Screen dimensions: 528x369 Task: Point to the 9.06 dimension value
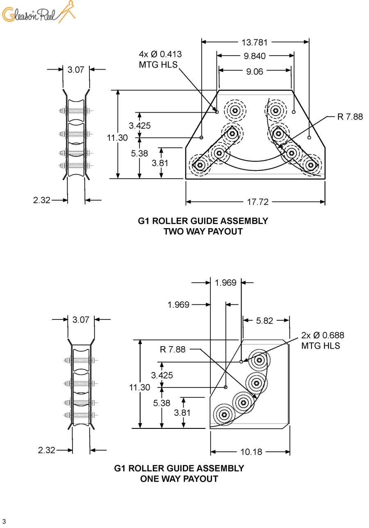click(x=255, y=72)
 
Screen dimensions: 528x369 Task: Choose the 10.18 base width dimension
click(x=251, y=452)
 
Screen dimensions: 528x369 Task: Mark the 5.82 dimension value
click(x=264, y=321)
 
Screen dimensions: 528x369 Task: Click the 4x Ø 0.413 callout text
click(x=160, y=54)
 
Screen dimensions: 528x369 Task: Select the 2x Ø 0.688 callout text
click(x=323, y=335)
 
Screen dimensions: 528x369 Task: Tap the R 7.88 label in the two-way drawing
click(x=350, y=117)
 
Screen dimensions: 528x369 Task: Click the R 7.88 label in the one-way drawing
click(x=173, y=349)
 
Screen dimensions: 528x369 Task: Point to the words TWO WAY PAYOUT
click(x=203, y=231)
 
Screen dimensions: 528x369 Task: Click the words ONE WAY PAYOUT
click(x=179, y=479)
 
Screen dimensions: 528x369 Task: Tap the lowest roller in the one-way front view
click(x=224, y=415)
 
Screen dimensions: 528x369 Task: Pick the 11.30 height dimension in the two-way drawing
click(x=117, y=138)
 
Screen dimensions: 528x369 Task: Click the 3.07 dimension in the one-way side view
click(x=81, y=320)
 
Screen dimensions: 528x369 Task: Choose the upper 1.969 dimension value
click(x=225, y=283)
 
